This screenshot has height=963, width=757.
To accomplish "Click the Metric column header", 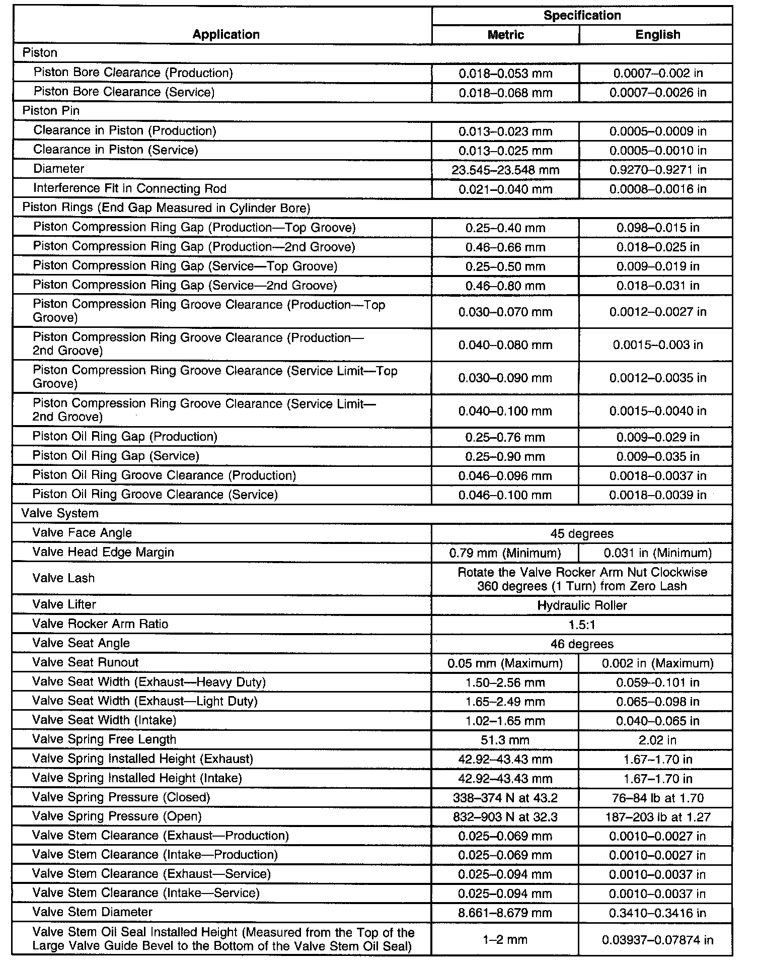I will click(505, 35).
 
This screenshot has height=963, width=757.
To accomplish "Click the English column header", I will click(657, 35).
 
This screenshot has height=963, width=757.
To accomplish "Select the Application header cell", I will click(226, 34).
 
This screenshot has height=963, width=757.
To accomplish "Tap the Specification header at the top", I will click(582, 16).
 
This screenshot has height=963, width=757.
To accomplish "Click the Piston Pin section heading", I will click(51, 111).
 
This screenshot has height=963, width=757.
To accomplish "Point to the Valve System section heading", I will click(60, 513).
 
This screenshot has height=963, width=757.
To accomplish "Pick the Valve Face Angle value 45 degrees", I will click(582, 533).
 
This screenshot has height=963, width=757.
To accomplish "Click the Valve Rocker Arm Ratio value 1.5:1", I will click(582, 625).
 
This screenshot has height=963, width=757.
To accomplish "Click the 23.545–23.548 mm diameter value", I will click(505, 170).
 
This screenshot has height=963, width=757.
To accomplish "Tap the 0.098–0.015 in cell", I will click(657, 228).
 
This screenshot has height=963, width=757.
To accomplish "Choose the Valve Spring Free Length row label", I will click(104, 739).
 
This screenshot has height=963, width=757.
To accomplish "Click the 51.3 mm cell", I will click(505, 740).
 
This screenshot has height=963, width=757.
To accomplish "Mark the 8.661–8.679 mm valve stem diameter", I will click(505, 913).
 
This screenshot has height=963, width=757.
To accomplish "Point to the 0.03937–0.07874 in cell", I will click(657, 940).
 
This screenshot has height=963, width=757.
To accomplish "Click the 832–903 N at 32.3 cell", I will click(505, 817).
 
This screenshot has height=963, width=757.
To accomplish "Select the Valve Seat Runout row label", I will click(85, 662).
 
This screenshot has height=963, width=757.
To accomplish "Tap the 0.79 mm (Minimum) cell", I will click(505, 553).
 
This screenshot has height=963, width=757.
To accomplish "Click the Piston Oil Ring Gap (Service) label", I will click(116, 456).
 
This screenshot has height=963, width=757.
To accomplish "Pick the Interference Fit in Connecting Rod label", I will click(130, 188).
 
